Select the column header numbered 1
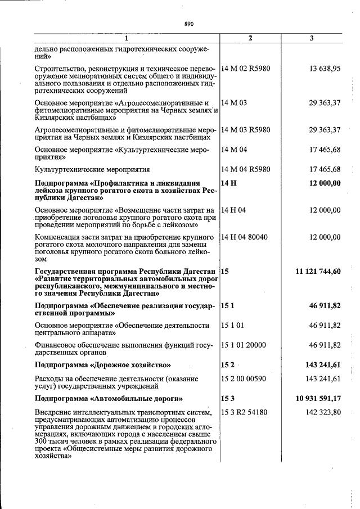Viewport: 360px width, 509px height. pyautogui.click(x=127, y=38)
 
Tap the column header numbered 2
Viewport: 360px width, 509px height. pyautogui.click(x=250, y=38)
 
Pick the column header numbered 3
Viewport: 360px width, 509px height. pyautogui.click(x=312, y=38)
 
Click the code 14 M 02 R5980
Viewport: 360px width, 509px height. pyautogui.click(x=246, y=69)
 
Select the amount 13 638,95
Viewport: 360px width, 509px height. pyautogui.click(x=325, y=69)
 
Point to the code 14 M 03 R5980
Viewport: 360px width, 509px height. pyautogui.click(x=246, y=130)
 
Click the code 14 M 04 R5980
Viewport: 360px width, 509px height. pyautogui.click(x=246, y=169)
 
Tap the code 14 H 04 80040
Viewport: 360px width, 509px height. pyautogui.click(x=245, y=237)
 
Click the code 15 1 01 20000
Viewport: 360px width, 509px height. pyautogui.click(x=244, y=345)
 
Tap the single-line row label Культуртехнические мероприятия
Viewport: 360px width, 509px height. pyautogui.click(x=92, y=169)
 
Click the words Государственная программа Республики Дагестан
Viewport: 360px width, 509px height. pyautogui.click(x=125, y=272)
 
